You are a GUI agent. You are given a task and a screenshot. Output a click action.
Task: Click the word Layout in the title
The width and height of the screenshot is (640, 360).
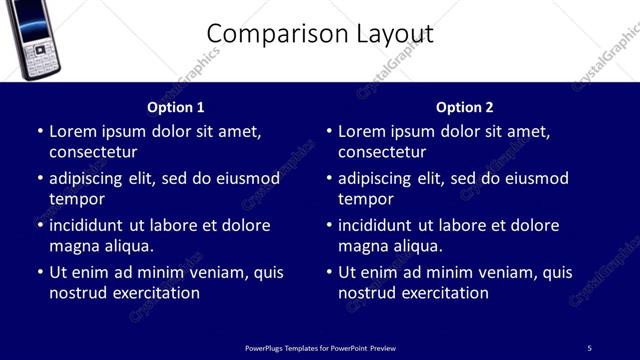tap(395, 34)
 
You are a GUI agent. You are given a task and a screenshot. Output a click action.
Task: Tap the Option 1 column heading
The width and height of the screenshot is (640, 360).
tap(175, 107)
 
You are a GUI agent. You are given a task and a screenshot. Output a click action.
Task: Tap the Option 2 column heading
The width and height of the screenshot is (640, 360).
tap(464, 107)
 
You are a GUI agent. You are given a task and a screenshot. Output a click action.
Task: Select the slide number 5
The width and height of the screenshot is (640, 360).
tap(589, 347)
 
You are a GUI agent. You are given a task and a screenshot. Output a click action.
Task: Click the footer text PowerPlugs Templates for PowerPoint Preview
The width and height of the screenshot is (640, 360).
tap(320, 347)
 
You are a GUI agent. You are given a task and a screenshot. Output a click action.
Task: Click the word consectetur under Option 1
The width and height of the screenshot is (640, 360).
tap(93, 152)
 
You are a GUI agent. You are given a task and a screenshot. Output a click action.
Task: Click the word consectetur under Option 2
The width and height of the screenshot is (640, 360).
tap(382, 152)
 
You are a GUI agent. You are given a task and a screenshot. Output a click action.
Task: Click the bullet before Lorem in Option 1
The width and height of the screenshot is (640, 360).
tap(40, 131)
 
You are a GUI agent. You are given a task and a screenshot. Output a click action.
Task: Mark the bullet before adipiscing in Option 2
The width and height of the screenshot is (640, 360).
tap(329, 178)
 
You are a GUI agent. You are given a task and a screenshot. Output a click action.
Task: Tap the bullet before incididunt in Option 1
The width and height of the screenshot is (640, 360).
tap(40, 225)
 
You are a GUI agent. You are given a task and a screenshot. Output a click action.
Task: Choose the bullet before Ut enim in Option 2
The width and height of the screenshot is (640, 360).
tap(329, 272)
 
